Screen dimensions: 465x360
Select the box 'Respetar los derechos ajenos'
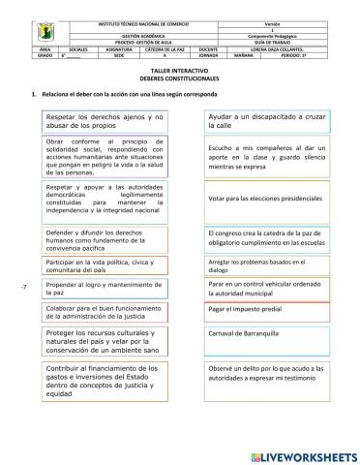[106, 121]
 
